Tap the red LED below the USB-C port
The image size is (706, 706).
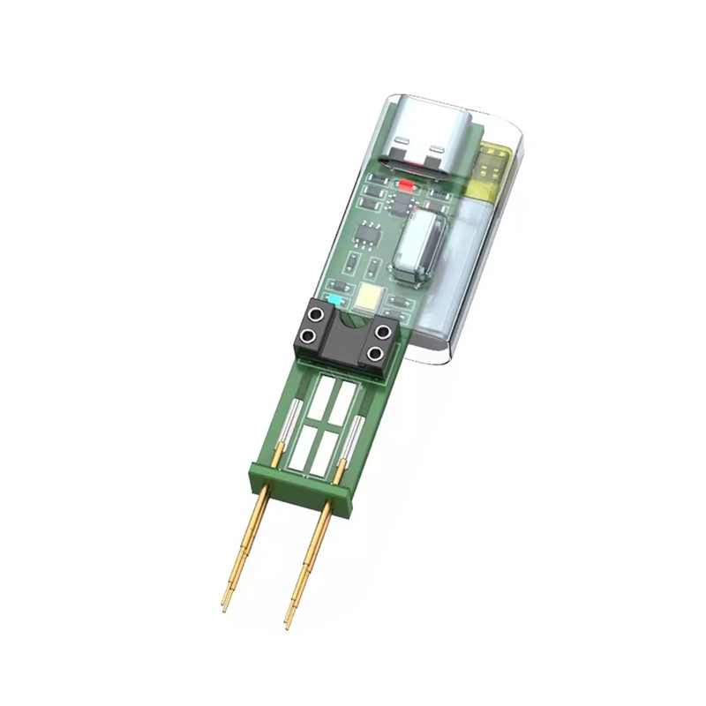(x=408, y=186)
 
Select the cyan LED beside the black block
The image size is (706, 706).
(x=334, y=298)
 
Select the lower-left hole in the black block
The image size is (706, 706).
(x=307, y=338)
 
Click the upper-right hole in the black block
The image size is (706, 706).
(x=383, y=333)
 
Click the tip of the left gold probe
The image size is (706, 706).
(x=224, y=609)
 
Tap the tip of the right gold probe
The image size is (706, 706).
(x=288, y=625)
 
